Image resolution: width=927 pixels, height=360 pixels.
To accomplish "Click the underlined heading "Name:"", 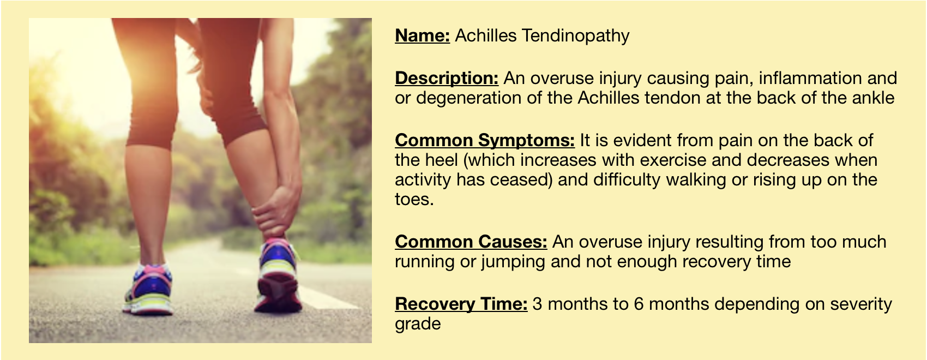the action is pyautogui.click(x=422, y=35).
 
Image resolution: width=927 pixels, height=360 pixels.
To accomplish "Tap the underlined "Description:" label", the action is pyautogui.click(x=447, y=78).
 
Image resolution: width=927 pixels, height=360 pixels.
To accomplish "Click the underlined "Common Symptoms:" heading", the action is pyautogui.click(x=485, y=141).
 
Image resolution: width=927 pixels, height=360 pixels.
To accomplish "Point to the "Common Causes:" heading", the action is pyautogui.click(x=471, y=242).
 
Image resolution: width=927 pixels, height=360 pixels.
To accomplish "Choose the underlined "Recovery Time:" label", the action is pyautogui.click(x=461, y=304).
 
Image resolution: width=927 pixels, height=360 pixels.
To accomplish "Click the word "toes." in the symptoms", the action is pyautogui.click(x=414, y=200).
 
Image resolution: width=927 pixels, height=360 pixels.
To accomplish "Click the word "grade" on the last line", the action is pyautogui.click(x=418, y=324).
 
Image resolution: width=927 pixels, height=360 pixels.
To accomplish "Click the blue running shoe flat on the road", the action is pyautogui.click(x=149, y=289).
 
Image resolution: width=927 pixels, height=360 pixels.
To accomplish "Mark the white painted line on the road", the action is pyautogui.click(x=327, y=297).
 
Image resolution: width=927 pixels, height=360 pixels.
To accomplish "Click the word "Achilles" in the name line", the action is pyautogui.click(x=486, y=35).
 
